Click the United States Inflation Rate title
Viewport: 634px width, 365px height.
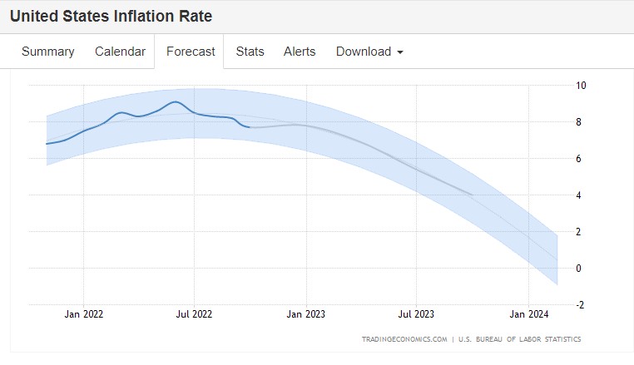point(111,16)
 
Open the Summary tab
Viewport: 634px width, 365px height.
point(47,52)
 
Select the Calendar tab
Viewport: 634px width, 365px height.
point(120,52)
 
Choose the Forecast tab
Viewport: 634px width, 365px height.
point(191,52)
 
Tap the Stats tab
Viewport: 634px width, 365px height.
point(250,52)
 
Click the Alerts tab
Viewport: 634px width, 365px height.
point(300,52)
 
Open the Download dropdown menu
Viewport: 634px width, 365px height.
point(369,52)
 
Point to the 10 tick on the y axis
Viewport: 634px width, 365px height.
point(581,85)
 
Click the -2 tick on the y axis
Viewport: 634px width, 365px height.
point(580,304)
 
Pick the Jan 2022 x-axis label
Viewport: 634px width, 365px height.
point(83,314)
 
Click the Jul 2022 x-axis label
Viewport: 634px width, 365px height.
point(195,314)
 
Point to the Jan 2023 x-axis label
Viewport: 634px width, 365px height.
point(306,314)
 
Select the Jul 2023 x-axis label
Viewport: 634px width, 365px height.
point(417,314)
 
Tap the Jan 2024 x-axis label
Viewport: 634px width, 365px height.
point(529,314)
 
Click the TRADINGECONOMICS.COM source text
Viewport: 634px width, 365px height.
point(404,339)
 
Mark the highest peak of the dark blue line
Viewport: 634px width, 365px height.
point(175,101)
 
